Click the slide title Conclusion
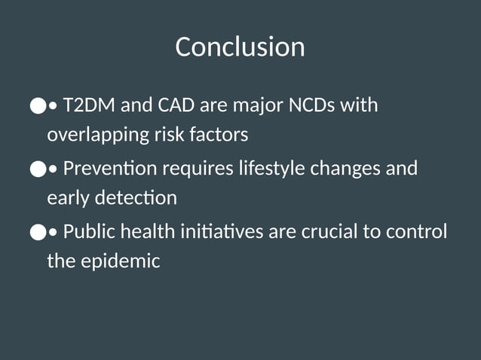click(240, 47)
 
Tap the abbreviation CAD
click(176, 105)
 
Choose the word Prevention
click(110, 167)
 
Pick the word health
click(148, 230)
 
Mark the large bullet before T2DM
click(37, 106)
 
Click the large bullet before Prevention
click(37, 169)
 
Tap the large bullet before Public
click(37, 232)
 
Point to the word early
click(68, 199)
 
